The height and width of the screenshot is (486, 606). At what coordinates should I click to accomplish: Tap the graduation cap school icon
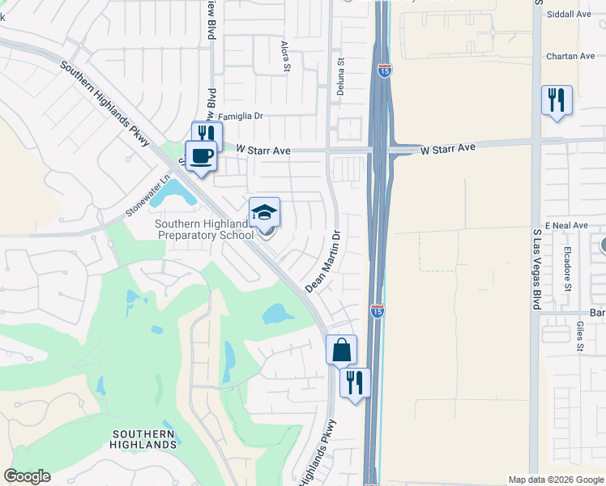click(x=264, y=212)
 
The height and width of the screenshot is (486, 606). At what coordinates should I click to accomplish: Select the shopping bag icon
click(x=342, y=350)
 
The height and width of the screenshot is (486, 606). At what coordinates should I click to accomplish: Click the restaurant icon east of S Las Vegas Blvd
click(x=557, y=100)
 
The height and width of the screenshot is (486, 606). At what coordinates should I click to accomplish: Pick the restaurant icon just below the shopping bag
click(x=355, y=382)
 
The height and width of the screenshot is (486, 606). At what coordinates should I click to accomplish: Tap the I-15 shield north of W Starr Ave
click(x=384, y=71)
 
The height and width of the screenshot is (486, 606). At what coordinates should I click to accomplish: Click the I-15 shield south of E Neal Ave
click(x=377, y=310)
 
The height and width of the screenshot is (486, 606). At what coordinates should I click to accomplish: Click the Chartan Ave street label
click(x=571, y=56)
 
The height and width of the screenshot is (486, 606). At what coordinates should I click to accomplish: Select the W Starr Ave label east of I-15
click(x=448, y=149)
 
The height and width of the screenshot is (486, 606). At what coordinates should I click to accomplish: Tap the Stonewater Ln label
click(x=150, y=196)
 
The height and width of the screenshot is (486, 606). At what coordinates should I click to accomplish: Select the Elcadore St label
click(x=568, y=270)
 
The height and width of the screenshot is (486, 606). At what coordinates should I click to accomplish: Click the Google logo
click(x=28, y=476)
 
